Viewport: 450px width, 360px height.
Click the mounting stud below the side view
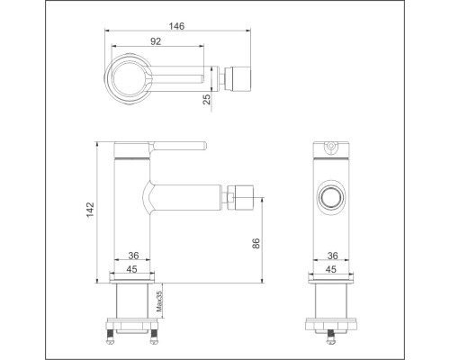(x=333, y=334)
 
